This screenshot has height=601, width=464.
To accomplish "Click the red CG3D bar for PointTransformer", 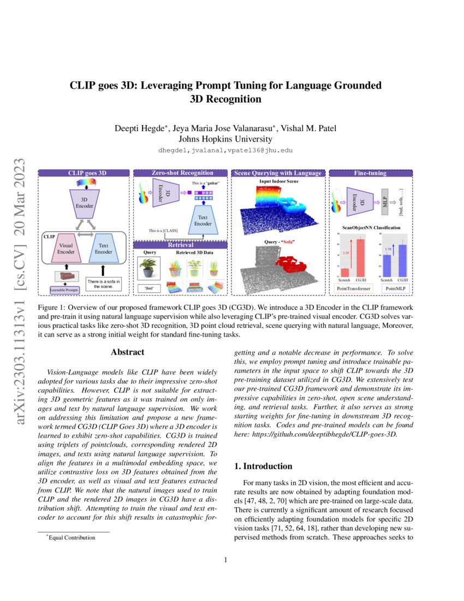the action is click(361, 258).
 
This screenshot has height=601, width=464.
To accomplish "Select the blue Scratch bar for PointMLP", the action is click(386, 266).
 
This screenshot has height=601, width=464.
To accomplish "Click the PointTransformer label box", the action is click(353, 288).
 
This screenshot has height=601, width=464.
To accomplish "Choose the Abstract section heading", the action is click(127, 352).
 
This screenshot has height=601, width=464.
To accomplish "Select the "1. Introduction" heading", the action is click(263, 466).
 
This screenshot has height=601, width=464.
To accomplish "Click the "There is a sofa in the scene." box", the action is click(104, 284).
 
